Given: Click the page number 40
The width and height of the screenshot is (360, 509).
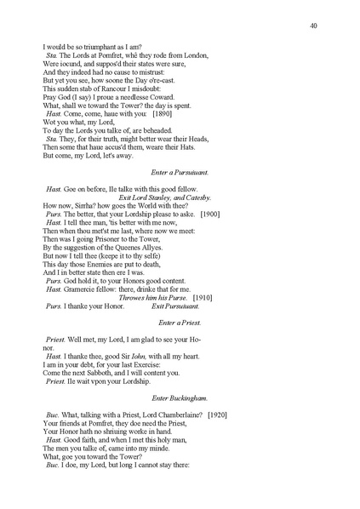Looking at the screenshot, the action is click(314, 26).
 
